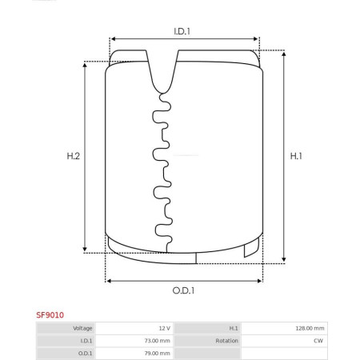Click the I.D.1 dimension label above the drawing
point(182,31)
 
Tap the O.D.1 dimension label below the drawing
point(183,290)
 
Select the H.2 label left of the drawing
point(74,156)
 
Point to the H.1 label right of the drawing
point(296,156)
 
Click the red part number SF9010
point(50,315)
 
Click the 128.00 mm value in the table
point(310,328)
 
